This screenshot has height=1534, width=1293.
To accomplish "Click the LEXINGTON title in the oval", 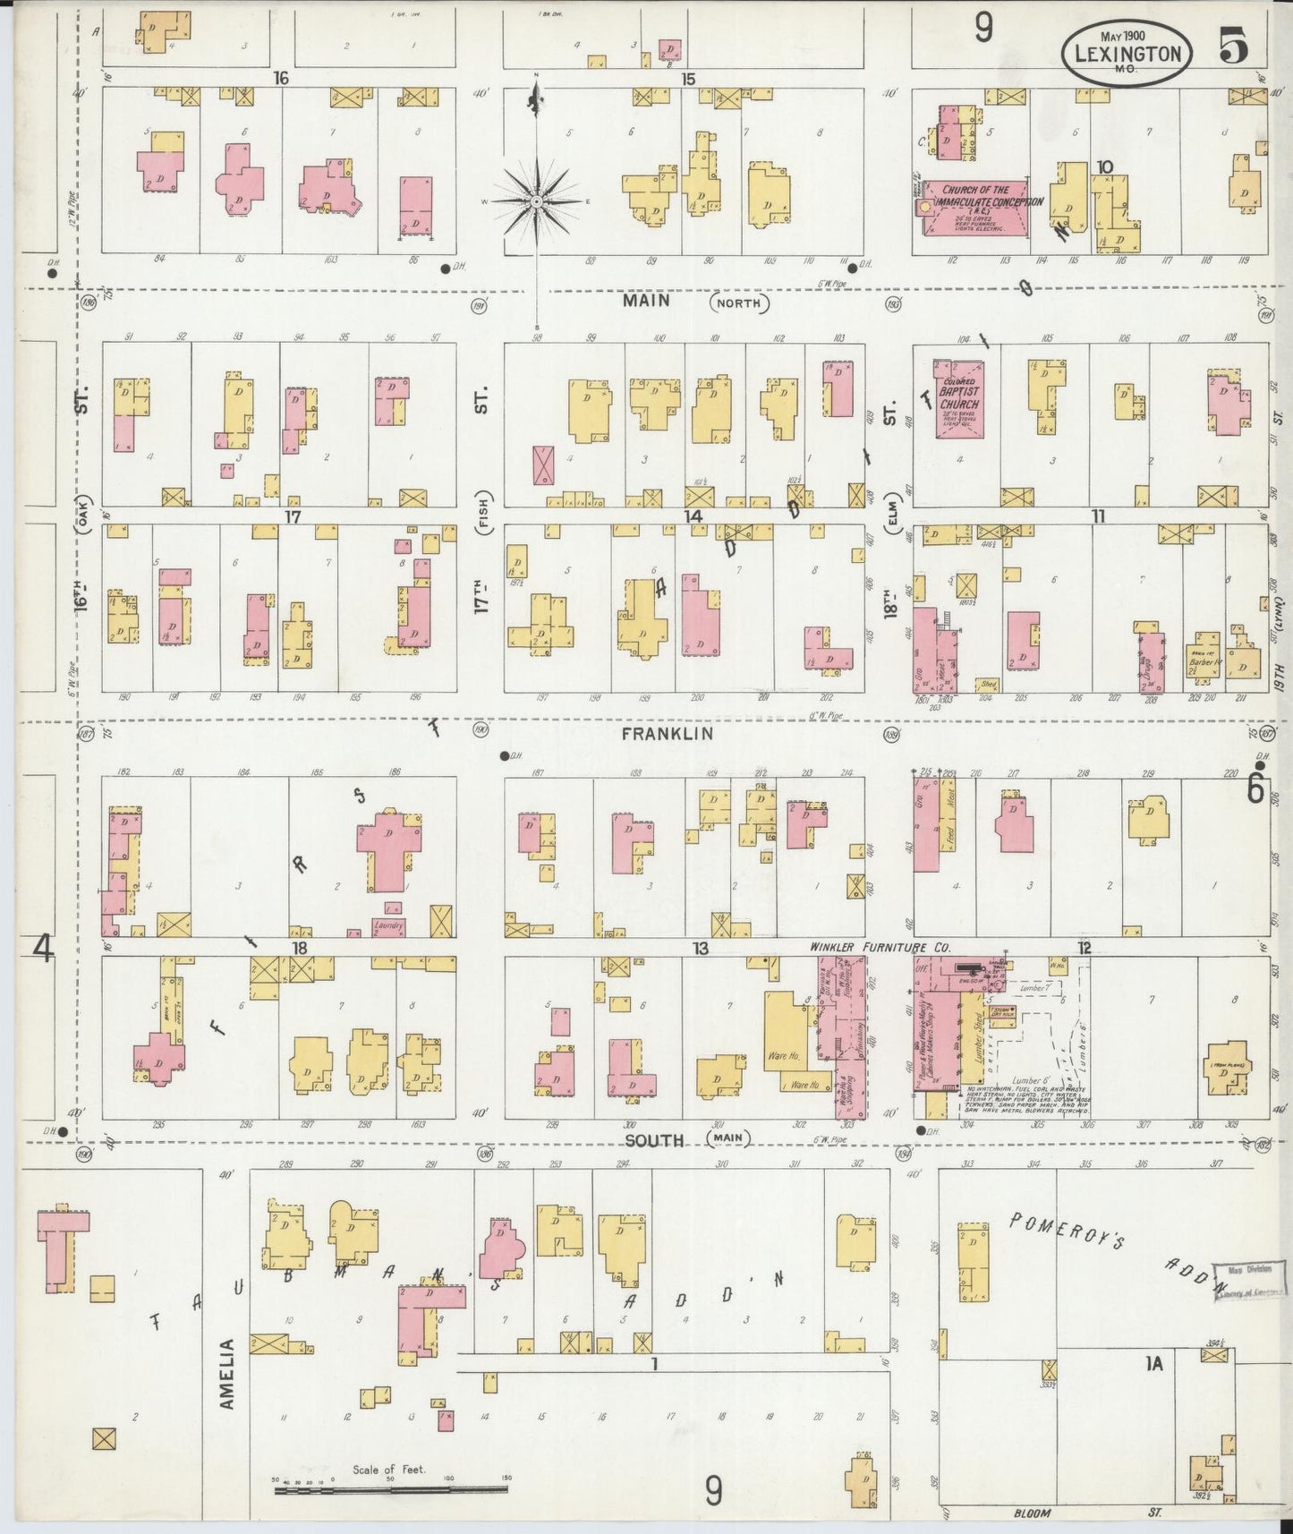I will click(x=1127, y=53).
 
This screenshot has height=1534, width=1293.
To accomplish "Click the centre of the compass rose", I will click(x=536, y=202).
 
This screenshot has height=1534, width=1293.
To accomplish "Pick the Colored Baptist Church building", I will click(x=959, y=400).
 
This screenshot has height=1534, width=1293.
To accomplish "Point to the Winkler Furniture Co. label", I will click(x=880, y=948).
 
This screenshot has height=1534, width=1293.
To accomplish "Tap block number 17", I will click(x=292, y=516).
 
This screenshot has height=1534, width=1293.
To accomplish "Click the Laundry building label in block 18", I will click(x=388, y=925).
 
